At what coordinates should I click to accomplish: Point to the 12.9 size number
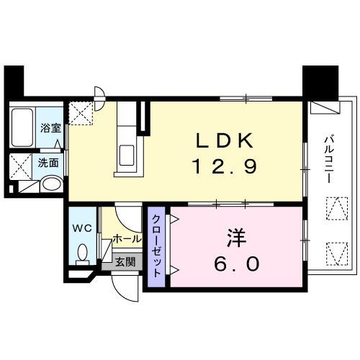pyautogui.click(x=224, y=168)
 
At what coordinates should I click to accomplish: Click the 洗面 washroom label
pyautogui.click(x=48, y=162)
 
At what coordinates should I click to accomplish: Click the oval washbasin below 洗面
pyautogui.click(x=50, y=184)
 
